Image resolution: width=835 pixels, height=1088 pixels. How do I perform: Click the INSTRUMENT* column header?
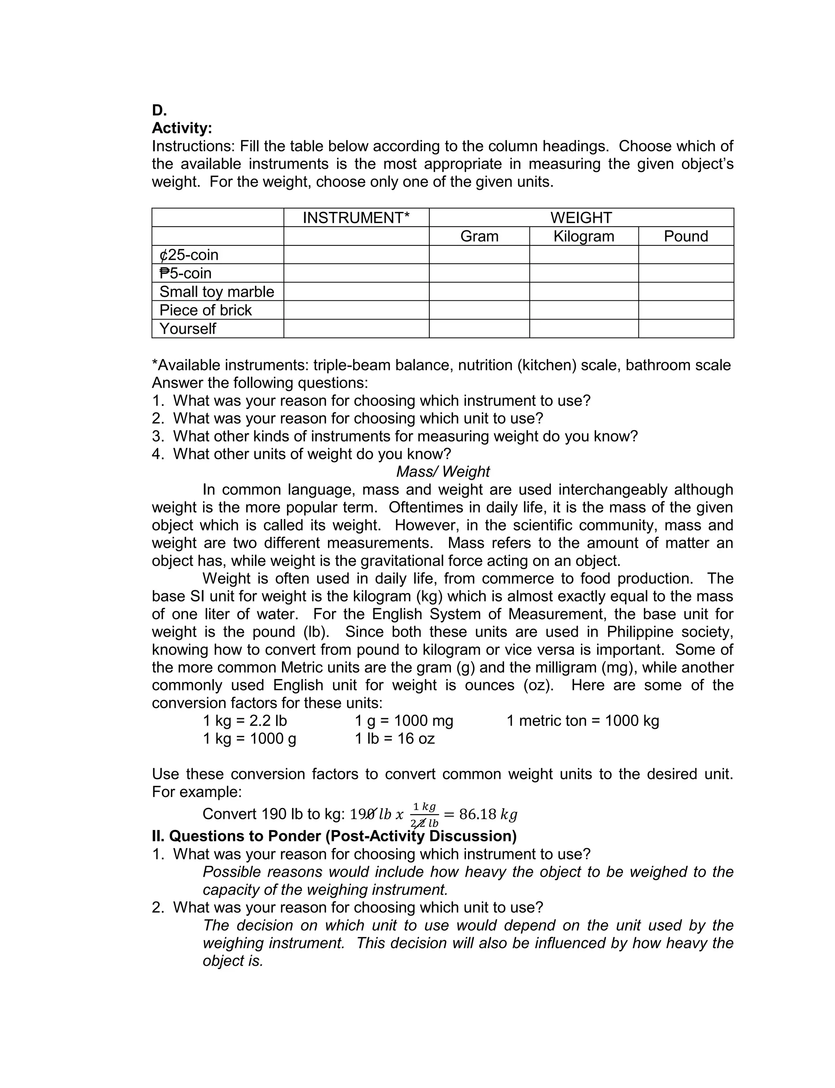[356, 218]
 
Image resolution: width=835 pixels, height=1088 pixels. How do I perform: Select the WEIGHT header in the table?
[581, 218]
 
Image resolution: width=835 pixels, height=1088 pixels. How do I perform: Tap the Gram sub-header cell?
[479, 236]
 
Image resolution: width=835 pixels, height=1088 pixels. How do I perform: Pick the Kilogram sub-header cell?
[583, 236]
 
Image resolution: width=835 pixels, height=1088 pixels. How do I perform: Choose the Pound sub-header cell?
[685, 236]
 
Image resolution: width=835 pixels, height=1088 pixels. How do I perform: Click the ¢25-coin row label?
[189, 255]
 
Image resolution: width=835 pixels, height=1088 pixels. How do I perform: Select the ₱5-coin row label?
[186, 273]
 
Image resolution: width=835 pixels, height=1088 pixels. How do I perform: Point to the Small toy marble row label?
[217, 291]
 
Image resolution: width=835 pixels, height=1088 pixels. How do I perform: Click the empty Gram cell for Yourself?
[479, 329]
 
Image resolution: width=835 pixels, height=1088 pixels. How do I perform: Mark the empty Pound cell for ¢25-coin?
[685, 255]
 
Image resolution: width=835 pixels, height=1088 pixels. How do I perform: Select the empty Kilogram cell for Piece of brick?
[583, 310]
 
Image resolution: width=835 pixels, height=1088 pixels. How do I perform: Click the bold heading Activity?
[182, 128]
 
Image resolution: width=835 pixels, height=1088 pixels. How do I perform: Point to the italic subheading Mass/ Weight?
[443, 472]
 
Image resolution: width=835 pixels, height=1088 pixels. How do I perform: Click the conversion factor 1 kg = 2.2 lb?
[245, 721]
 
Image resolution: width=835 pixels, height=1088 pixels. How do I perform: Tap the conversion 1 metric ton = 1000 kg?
[583, 721]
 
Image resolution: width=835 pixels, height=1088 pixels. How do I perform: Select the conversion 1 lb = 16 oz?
[395, 739]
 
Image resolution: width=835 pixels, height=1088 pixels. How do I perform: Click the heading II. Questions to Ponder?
[334, 836]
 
